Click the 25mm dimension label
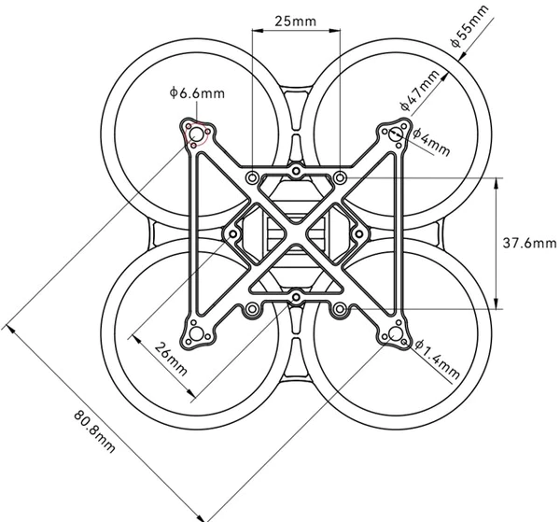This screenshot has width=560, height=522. coord(295,21)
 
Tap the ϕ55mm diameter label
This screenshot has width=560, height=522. coord(469,26)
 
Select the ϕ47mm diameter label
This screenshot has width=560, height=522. coord(419,90)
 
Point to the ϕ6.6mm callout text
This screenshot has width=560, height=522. coord(197,92)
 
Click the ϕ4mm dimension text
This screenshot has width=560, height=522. coord(431,142)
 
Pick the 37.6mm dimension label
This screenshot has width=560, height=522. coord(529,244)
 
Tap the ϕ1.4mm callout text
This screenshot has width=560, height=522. coord(438,359)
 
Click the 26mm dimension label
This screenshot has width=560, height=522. coord(171,359)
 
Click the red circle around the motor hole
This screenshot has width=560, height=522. coord(196,134)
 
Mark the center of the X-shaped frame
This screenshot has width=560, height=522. coord(296,234)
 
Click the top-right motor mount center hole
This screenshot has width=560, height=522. coord(396,134)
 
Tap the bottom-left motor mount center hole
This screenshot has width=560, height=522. coord(196,334)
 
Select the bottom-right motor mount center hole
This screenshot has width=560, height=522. coord(396,334)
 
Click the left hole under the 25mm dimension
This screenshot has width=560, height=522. coord(252,177)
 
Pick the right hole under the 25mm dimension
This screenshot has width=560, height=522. coord(340,177)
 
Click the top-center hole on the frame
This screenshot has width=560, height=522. coord(296,171)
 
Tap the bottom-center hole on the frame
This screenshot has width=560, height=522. coord(296,297)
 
